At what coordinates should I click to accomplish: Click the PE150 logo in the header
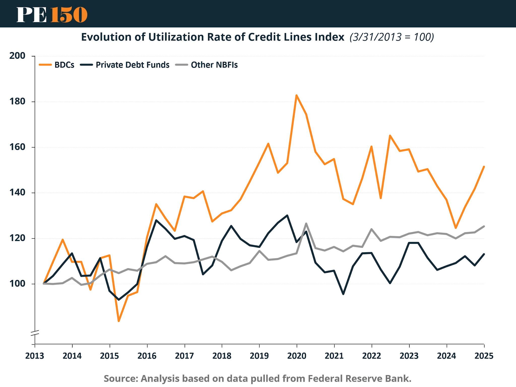point(52,15)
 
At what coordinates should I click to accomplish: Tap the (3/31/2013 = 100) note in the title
point(392,37)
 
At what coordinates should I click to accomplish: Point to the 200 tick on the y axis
point(17,56)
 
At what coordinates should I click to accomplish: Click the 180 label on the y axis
point(17,102)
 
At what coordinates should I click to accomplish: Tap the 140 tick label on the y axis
point(17,192)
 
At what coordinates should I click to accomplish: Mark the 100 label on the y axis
point(17,284)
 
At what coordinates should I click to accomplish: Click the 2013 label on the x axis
point(35,356)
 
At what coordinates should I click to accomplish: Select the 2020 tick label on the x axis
point(297,356)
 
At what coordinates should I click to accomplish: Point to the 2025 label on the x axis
point(484,356)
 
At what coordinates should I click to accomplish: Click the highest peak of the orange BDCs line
point(297,95)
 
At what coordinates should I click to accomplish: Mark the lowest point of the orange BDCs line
point(119,321)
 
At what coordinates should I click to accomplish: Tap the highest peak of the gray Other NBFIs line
point(306,223)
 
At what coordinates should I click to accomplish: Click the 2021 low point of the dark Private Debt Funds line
point(343,294)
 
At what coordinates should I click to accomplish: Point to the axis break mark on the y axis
point(35,333)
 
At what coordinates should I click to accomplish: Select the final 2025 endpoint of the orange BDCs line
point(484,167)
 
